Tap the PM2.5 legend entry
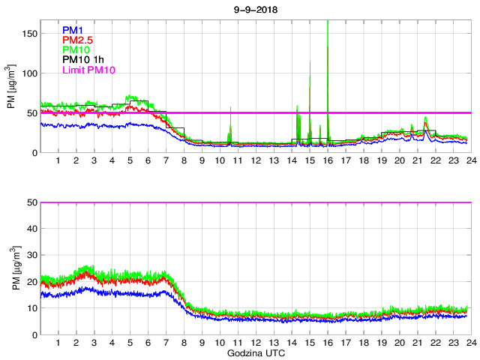pyautogui.click(x=77, y=40)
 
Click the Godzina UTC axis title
pyautogui.click(x=255, y=352)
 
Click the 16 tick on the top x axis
pyautogui.click(x=328, y=160)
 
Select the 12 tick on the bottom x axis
pyautogui.click(x=256, y=342)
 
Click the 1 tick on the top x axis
pyautogui.click(x=58, y=160)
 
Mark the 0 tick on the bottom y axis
pyautogui.click(x=34, y=334)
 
